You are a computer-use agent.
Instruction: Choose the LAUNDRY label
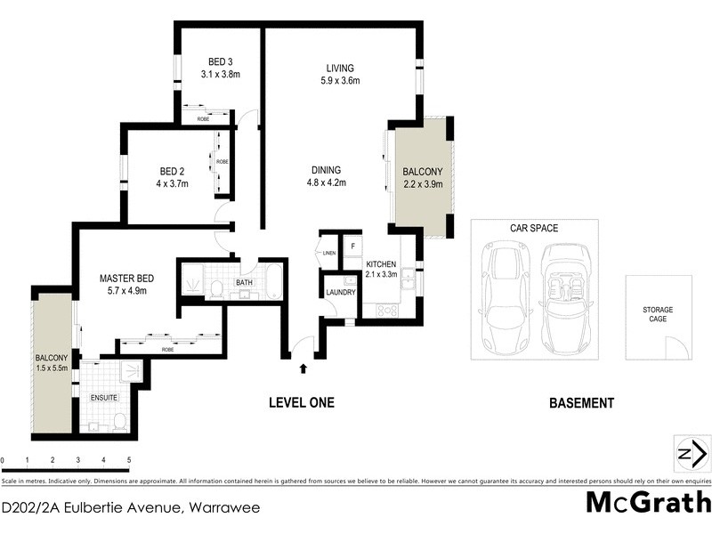coord(341,292)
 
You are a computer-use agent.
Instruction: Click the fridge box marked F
coord(352,246)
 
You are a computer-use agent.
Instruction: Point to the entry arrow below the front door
coord(304,367)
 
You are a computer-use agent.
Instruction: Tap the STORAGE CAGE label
coord(658,314)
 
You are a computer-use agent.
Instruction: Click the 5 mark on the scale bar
coord(129,461)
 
